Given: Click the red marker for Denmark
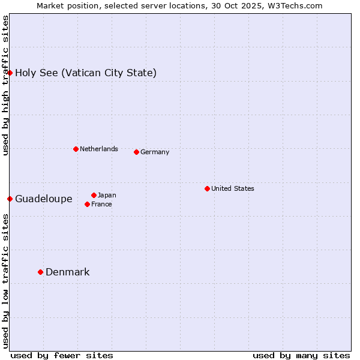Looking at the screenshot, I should (40, 272).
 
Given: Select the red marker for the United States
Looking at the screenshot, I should (207, 188).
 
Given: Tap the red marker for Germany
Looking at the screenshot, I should (136, 152).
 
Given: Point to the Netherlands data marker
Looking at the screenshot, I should (76, 149).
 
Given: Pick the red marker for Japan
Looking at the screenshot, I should (94, 195).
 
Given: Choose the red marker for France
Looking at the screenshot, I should (87, 204).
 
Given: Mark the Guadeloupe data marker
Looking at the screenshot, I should (10, 199).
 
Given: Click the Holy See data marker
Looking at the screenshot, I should (10, 73).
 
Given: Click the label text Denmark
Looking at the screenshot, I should (68, 272).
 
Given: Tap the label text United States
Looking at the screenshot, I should (233, 188).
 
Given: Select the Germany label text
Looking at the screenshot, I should (155, 152).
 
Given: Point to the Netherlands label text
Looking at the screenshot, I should (99, 149).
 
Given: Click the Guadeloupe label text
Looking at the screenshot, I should (44, 199).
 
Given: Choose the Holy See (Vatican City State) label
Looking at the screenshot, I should (86, 73).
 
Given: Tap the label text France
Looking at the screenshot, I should (102, 204).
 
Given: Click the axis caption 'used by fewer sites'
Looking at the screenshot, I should (62, 355).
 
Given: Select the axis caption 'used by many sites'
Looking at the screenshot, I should (301, 355).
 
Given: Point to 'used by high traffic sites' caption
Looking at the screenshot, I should (5, 85).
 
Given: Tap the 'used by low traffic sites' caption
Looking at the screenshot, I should (5, 281).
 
